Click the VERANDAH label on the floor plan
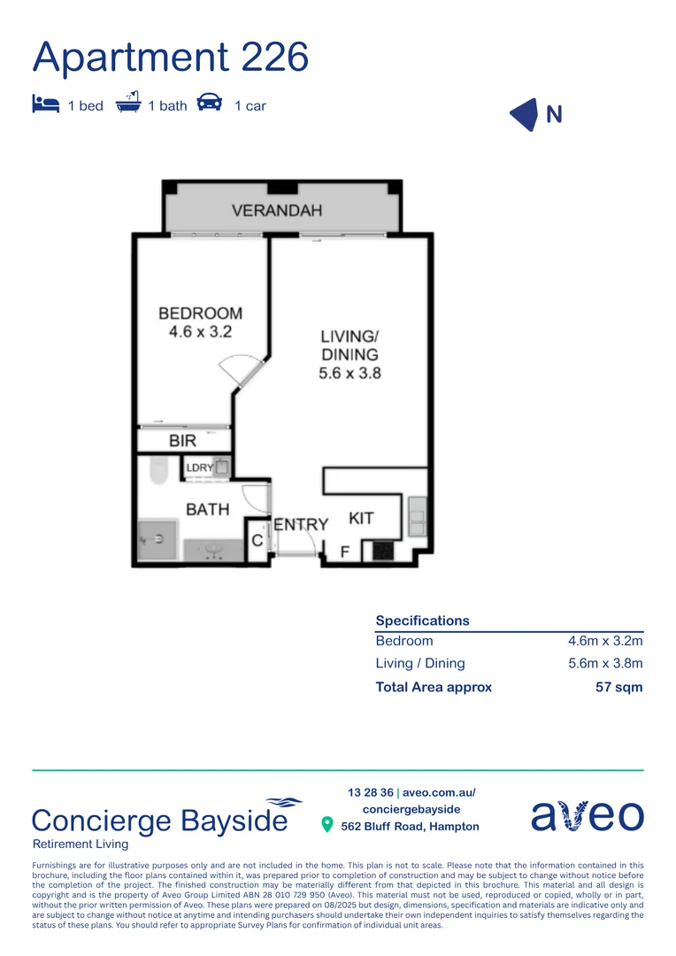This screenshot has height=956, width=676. [277, 211]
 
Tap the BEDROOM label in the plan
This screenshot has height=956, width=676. [200, 322]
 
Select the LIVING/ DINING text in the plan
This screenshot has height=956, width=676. [350, 354]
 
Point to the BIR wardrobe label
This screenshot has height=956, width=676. [182, 440]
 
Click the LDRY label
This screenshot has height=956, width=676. [199, 467]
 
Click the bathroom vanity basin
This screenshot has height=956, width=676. [213, 549]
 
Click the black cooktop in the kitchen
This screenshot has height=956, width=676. [383, 551]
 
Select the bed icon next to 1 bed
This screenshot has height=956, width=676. [45, 104]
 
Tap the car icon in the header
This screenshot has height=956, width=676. [209, 103]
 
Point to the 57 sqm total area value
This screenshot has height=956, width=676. [618, 687]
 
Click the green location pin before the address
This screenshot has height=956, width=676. [326, 825]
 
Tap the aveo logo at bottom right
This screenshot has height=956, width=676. [587, 815]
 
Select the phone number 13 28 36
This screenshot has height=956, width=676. [370, 793]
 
